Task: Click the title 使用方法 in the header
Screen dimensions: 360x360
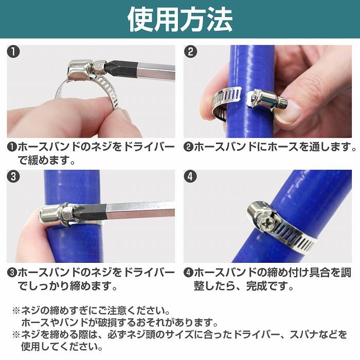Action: [x=179, y=19]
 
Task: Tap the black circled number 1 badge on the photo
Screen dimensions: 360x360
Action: [x=14, y=52]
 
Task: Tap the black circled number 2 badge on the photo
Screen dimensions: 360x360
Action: [x=191, y=52]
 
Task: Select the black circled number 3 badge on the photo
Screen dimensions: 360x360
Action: [x=14, y=176]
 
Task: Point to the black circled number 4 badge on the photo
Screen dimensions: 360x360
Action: [x=191, y=176]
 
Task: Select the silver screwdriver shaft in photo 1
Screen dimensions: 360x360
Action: [x=154, y=66]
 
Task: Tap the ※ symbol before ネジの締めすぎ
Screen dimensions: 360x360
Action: [x=15, y=311]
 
